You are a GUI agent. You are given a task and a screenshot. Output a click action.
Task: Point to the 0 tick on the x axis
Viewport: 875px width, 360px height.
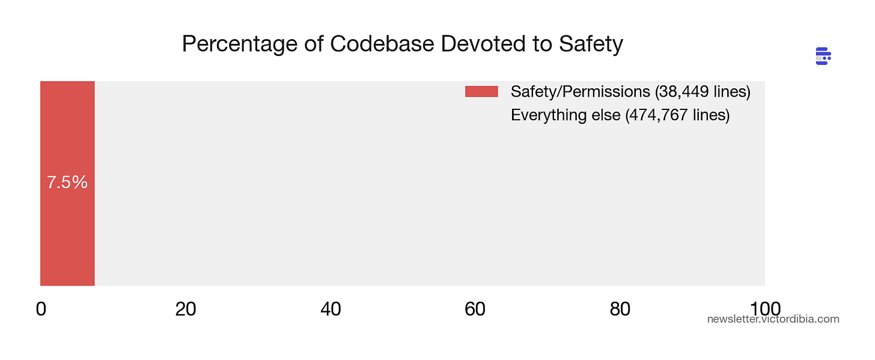pos(41,309)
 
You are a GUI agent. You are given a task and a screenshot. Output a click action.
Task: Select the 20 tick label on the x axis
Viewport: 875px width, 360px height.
pos(186,309)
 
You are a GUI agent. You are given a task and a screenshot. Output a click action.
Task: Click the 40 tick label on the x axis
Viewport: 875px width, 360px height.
pos(331,309)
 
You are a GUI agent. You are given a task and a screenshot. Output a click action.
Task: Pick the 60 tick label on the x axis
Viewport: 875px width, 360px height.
pos(475,309)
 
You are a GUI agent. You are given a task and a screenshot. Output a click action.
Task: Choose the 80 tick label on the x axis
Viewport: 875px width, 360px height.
pos(620,309)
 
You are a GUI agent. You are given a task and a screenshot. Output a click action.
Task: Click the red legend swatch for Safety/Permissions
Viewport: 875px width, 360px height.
pos(481,91)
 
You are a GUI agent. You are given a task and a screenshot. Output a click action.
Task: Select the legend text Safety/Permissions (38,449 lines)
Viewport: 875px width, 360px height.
pos(630,91)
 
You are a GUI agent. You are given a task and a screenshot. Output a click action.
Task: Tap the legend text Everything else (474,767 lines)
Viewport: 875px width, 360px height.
pos(620,115)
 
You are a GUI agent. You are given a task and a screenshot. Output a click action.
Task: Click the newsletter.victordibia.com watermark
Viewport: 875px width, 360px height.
pos(773,319)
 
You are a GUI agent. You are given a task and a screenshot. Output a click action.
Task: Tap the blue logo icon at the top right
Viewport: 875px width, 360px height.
pos(823,56)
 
